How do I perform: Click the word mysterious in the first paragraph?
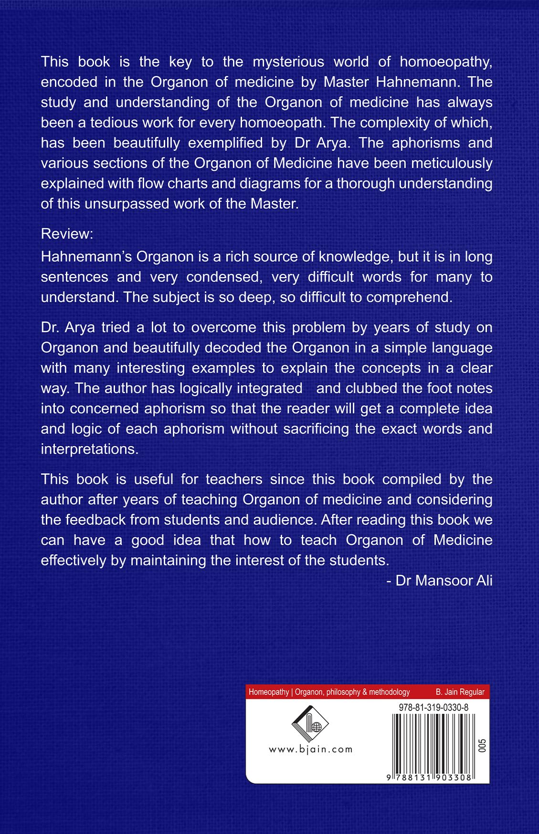click(288, 62)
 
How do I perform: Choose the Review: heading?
click(67, 234)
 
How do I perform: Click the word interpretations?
click(90, 449)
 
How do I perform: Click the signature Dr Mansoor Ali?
click(444, 580)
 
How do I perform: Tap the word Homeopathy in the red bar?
click(269, 692)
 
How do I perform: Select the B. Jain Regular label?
click(460, 692)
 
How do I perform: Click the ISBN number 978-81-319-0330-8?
click(433, 708)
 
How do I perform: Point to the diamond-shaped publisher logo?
click(310, 724)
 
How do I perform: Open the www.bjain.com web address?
click(310, 750)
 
